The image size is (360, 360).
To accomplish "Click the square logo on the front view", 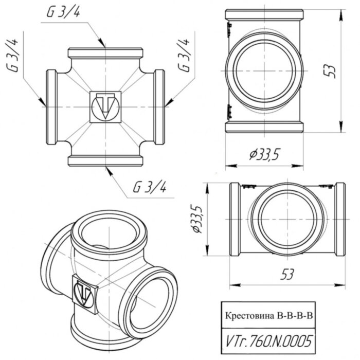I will tap(105, 106).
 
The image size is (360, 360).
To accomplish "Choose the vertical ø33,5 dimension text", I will tap(199, 218).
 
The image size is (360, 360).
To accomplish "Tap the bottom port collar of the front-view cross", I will tap(105, 160).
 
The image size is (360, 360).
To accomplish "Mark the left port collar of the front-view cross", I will tap(52, 107).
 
